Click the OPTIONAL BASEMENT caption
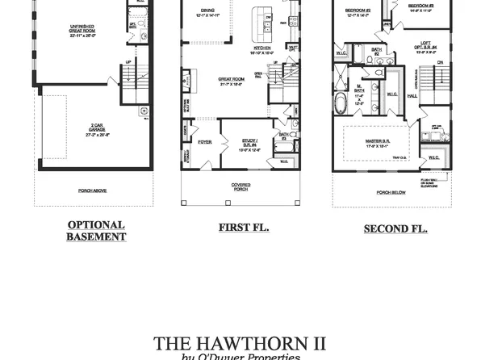point(96,231)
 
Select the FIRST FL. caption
point(244,228)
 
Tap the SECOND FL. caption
point(395,229)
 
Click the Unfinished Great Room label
point(83,31)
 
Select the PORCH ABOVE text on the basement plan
point(94,190)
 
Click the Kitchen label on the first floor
point(262,49)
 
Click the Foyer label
point(205,141)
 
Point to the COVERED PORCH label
point(240,186)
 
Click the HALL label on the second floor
point(412,95)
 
